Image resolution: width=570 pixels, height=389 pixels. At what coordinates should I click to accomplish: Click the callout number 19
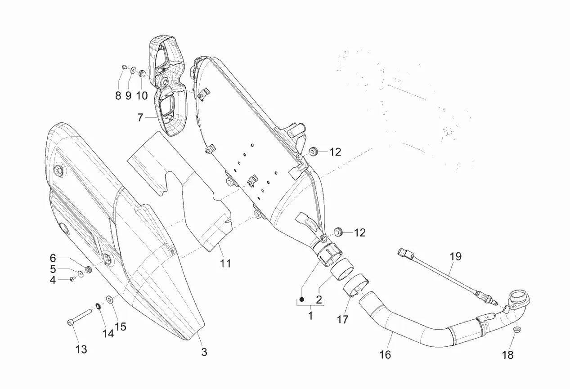coord(455,257)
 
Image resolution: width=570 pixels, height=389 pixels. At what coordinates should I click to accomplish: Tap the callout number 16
coord(385,355)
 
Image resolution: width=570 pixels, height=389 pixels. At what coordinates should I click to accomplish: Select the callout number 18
coord(507,355)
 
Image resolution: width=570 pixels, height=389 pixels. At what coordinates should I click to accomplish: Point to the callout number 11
coord(225,263)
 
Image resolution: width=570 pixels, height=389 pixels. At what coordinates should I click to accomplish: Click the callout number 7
coord(140,117)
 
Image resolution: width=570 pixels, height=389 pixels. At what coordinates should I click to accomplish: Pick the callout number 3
coord(204,353)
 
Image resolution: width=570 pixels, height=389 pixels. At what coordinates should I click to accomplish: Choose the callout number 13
coord(81,349)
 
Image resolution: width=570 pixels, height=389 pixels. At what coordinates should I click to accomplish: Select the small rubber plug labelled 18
coord(517,331)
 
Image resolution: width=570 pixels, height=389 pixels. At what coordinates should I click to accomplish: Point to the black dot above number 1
coord(302,300)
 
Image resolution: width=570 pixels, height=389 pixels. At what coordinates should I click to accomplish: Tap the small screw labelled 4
coord(72,280)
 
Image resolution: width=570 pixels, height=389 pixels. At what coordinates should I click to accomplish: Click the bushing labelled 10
coord(142,73)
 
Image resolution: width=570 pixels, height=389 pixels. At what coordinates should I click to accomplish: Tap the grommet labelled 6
coord(88,269)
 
